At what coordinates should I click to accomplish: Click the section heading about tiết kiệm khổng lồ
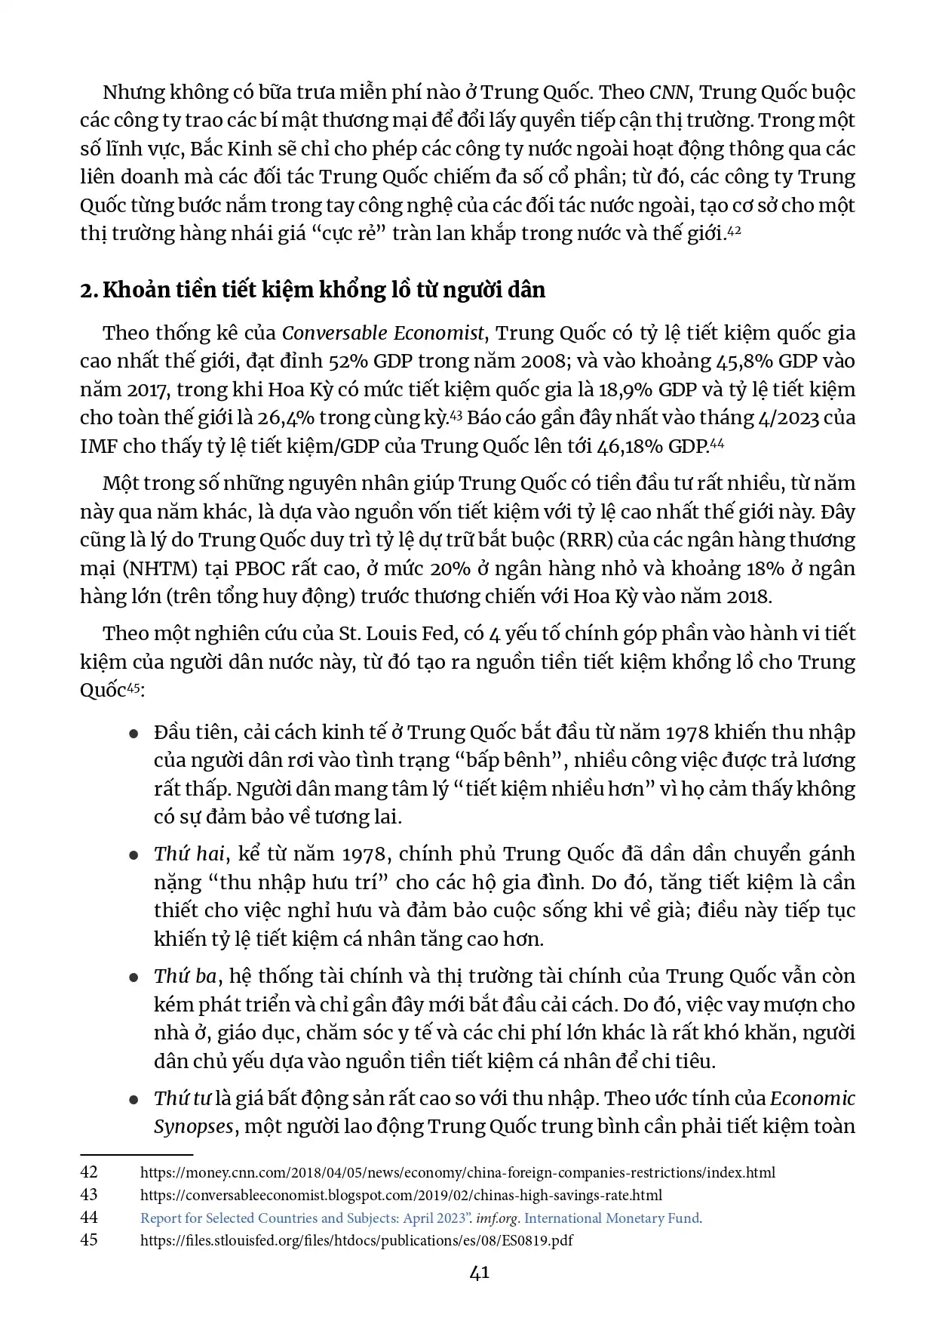pyautogui.click(x=312, y=291)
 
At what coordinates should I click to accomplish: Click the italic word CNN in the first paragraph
pyautogui.click(x=669, y=93)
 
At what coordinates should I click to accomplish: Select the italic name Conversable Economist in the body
pyautogui.click(x=383, y=334)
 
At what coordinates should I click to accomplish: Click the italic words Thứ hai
pyautogui.click(x=189, y=854)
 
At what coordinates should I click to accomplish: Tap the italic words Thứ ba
pyautogui.click(x=186, y=977)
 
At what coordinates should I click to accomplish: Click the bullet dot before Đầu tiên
pyautogui.click(x=133, y=734)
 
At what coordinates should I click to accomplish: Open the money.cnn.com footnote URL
pyautogui.click(x=457, y=1173)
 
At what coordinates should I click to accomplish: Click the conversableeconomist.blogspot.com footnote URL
pyautogui.click(x=401, y=1195)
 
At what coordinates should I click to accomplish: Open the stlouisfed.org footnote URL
pyautogui.click(x=356, y=1240)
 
